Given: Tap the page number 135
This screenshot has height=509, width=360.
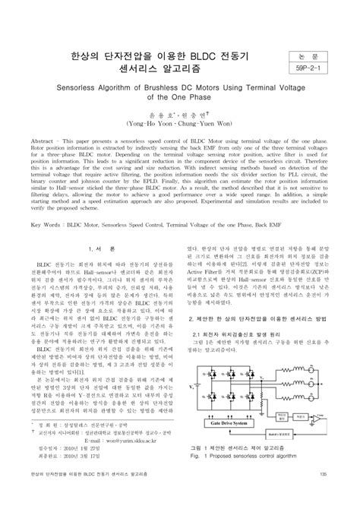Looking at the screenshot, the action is pyautogui.click(x=324, y=496).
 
